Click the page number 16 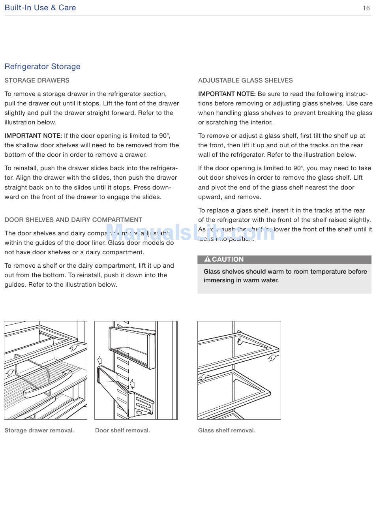(366, 8)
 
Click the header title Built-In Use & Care (40, 8)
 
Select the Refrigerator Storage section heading (42, 66)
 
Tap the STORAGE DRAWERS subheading (37, 80)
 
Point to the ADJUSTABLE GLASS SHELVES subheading (245, 80)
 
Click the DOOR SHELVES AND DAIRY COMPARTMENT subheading (73, 220)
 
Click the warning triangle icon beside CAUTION (207, 259)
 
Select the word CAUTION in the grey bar (228, 259)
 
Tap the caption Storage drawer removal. (39, 430)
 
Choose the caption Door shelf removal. (122, 430)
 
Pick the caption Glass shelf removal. (227, 430)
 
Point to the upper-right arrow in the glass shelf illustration (273, 358)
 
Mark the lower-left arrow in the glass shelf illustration (204, 377)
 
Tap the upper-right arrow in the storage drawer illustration (74, 347)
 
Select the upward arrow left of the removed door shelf (99, 360)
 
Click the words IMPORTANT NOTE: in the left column (33, 136)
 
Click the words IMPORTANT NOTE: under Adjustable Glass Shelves (227, 94)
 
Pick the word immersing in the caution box (217, 280)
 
